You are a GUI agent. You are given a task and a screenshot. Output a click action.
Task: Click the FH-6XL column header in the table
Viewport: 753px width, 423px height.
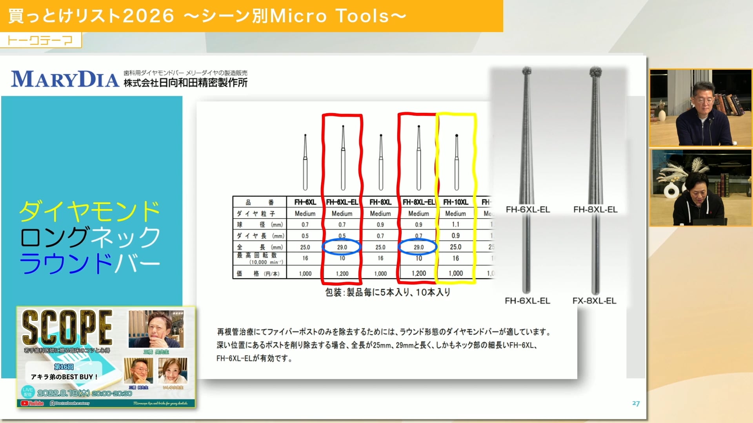click(305, 202)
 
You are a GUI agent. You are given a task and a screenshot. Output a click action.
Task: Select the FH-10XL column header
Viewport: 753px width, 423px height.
click(456, 202)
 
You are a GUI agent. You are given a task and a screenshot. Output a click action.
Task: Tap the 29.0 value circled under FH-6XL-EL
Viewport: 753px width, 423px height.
click(342, 247)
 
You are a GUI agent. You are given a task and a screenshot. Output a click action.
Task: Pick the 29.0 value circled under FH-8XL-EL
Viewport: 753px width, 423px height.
click(418, 247)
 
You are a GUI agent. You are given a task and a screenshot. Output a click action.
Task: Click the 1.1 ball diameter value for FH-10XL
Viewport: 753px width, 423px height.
click(455, 224)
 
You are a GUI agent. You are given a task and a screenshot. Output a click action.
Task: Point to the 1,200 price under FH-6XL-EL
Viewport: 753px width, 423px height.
click(342, 273)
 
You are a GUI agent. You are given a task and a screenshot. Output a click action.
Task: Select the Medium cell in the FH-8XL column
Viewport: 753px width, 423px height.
click(380, 213)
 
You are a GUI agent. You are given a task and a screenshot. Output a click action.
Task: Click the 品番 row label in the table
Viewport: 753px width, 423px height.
click(259, 202)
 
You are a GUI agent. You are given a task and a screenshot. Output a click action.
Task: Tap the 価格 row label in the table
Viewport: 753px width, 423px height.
click(259, 273)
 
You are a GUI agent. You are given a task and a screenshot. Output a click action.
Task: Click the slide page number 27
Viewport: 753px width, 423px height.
click(636, 403)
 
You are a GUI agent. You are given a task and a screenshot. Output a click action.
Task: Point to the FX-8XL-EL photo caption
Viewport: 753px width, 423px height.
click(594, 301)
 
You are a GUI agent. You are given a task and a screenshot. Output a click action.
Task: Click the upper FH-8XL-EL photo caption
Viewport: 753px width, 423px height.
click(595, 210)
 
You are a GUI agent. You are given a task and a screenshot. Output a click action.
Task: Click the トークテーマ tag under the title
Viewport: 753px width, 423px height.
click(40, 40)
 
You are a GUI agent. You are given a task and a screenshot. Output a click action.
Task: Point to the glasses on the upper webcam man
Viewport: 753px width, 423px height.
click(705, 100)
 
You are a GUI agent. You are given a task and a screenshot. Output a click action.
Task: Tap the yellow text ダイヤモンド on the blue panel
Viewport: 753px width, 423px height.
click(90, 211)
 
